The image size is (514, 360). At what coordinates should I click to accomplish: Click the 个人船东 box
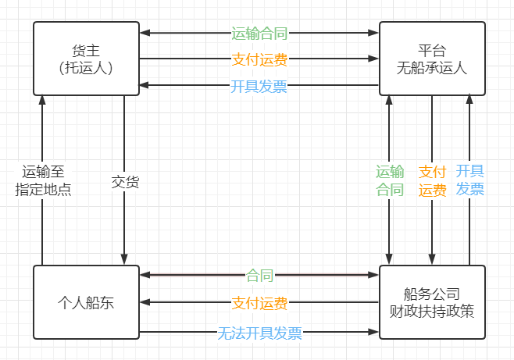pos(86,303)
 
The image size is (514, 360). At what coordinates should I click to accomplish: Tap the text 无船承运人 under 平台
pos(432,68)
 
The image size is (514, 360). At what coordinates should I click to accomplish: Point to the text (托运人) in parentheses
pos(86,68)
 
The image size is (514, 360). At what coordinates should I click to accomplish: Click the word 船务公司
pos(432,294)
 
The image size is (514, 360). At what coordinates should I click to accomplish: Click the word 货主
pos(86,51)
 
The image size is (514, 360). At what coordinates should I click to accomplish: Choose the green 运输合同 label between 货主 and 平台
pos(259,34)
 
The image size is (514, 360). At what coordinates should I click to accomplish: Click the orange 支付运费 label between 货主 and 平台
pos(259,59)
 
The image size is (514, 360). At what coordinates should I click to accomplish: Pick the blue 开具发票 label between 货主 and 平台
pos(259,85)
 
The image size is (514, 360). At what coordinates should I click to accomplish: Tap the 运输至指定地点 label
pos(43,181)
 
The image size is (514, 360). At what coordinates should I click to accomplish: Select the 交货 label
pos(125,181)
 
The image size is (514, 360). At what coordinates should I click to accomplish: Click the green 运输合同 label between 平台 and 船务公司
pos(390,181)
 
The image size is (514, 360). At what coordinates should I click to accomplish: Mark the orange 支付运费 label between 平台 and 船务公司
pos(432,181)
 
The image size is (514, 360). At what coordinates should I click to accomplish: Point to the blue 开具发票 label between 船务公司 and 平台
pos(469,181)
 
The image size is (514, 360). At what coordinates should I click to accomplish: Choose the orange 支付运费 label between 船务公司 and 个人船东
pos(259,302)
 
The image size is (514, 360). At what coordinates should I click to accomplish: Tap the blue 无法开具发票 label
pos(259,333)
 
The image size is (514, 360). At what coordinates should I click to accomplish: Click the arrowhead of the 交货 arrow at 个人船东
pos(125,259)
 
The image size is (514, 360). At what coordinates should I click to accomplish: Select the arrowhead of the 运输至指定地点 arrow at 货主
pos(43,99)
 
